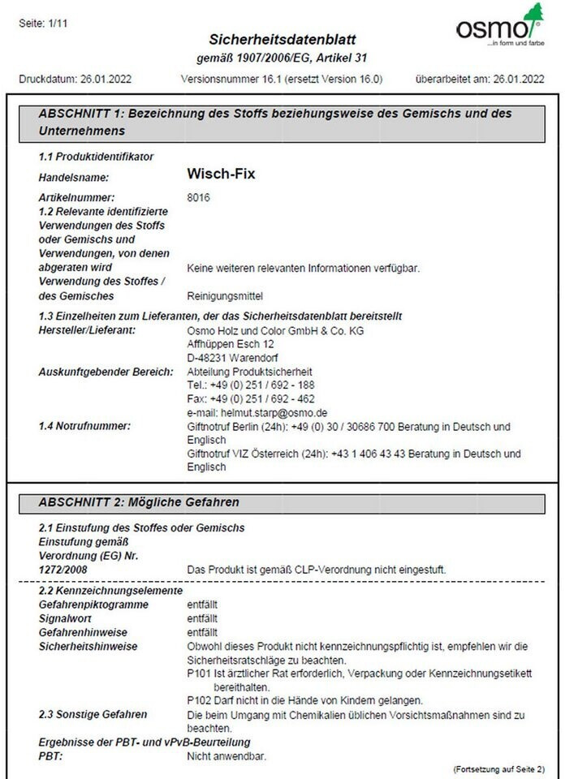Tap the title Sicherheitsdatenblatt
pos(282,40)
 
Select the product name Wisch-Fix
pos(221,174)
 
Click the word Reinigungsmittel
pos(225,295)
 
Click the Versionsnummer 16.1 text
pos(282,79)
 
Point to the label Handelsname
pos(74,176)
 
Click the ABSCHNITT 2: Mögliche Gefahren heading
pos(139,502)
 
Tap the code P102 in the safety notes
pos(198,700)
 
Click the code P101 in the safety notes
pos(198,674)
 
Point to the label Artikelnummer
pos(77,197)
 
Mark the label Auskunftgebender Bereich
pos(106,372)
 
